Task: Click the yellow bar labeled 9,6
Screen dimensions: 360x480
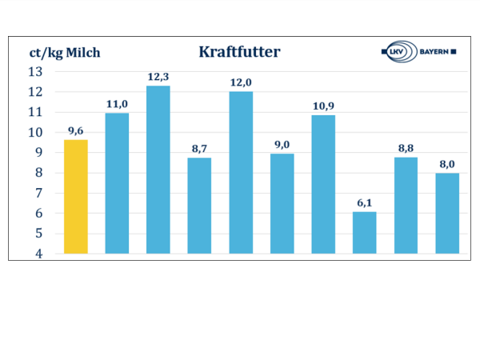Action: (x=76, y=197)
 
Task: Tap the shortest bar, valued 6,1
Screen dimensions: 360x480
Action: (x=364, y=233)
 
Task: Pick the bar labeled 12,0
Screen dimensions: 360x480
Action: (x=241, y=173)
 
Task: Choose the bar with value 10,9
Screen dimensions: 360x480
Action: (x=323, y=184)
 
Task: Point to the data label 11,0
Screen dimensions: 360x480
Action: (x=117, y=104)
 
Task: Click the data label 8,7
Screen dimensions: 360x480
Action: (x=199, y=149)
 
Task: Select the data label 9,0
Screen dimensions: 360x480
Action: (x=282, y=144)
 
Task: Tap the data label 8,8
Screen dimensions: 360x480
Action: (x=406, y=148)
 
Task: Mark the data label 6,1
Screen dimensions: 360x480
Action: (x=364, y=202)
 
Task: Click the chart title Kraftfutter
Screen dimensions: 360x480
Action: (x=239, y=53)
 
